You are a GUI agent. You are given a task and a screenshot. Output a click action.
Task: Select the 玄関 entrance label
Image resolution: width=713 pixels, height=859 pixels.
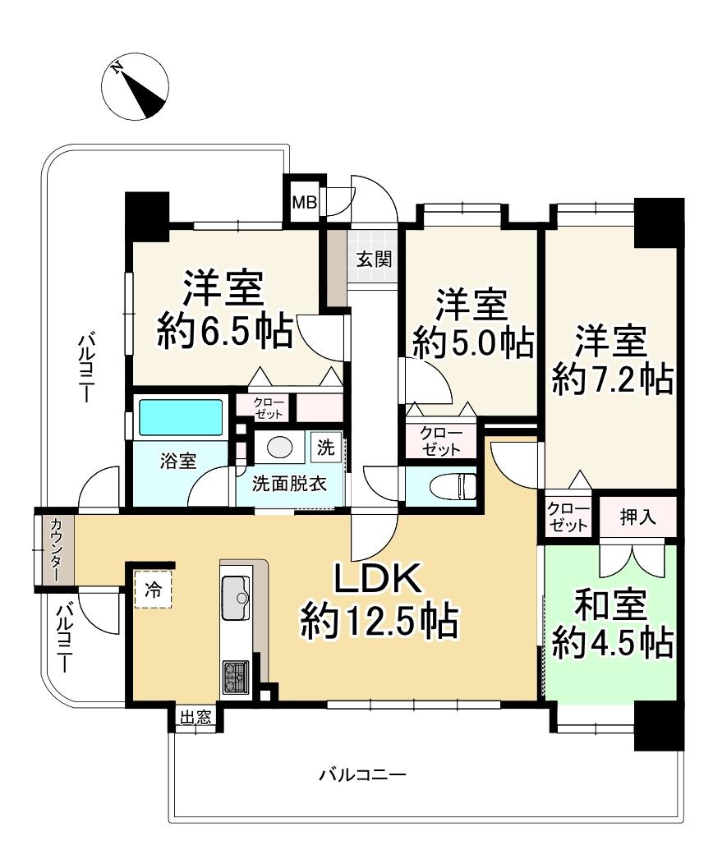(373, 260)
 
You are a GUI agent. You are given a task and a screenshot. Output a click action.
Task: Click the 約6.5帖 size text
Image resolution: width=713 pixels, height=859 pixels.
(223, 332)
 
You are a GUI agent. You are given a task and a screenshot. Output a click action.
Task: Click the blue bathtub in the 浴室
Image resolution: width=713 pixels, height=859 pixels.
(182, 418)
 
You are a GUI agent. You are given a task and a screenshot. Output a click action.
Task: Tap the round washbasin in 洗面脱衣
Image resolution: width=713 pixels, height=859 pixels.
(280, 448)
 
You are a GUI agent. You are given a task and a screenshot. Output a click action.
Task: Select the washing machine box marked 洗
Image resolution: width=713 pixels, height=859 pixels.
(327, 448)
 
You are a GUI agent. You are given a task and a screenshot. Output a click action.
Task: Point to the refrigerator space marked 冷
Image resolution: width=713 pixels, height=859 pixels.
(154, 588)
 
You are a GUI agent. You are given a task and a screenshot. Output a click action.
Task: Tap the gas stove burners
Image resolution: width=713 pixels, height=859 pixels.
(236, 675)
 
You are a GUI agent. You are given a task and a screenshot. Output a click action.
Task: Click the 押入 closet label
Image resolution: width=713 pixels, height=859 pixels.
(637, 517)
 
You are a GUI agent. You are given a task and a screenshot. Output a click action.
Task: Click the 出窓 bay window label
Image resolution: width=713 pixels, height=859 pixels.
(195, 718)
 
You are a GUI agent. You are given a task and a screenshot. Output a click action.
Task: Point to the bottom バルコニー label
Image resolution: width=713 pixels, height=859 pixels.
(361, 774)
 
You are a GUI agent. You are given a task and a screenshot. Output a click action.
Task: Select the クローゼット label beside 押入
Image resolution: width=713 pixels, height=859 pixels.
(568, 517)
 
